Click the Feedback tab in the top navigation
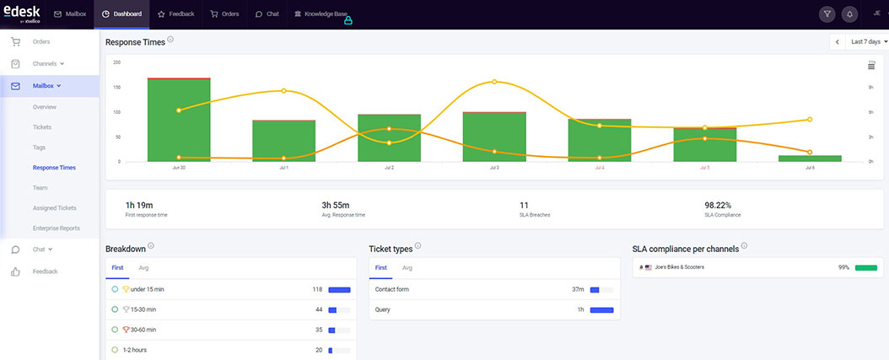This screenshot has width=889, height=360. tap(176, 14)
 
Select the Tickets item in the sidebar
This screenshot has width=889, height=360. tap(42, 127)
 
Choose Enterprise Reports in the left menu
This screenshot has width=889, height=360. tap(57, 228)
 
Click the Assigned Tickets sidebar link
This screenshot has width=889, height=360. tap(55, 207)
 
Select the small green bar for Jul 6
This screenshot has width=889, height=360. tap(810, 158)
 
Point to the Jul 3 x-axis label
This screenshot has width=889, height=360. tap(494, 168)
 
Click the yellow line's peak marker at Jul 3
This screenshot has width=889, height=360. tap(494, 82)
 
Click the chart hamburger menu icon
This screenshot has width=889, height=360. tap(871, 66)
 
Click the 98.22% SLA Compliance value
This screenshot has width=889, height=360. tap(718, 204)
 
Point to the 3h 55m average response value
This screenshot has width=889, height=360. tap(338, 204)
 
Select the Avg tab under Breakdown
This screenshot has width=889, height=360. tap(143, 268)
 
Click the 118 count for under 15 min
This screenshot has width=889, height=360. tap(318, 289)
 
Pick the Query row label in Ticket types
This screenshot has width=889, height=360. tap(383, 309)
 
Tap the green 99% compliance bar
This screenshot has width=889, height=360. tap(865, 267)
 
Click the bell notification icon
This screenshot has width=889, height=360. tap(849, 14)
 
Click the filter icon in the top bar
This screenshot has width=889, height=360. tap(827, 14)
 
